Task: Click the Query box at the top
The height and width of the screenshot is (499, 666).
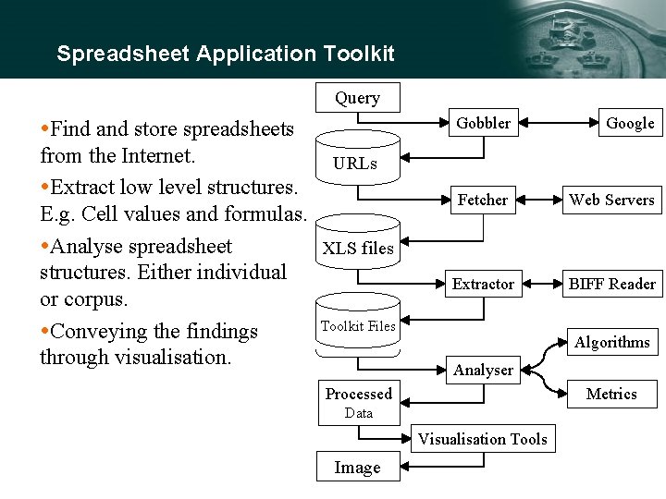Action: tap(357, 98)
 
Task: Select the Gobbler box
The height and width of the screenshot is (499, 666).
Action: tap(483, 123)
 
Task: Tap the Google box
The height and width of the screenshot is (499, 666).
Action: tap(630, 123)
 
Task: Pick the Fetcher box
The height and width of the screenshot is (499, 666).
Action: tap(483, 200)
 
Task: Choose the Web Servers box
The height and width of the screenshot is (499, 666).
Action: tap(611, 200)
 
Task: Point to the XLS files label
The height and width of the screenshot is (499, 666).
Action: tap(357, 248)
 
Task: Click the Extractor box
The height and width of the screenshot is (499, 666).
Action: tap(483, 285)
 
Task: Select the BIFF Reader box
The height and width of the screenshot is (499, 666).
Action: tap(611, 285)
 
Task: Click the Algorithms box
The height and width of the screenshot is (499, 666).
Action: tap(611, 342)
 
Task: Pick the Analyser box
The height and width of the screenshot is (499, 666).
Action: tap(483, 371)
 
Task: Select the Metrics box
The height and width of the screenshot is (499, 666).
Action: tap(611, 394)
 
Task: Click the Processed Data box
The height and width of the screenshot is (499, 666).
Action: tap(358, 402)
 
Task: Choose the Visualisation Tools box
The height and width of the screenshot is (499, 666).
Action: tap(483, 439)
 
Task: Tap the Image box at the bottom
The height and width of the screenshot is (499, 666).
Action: tap(357, 468)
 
